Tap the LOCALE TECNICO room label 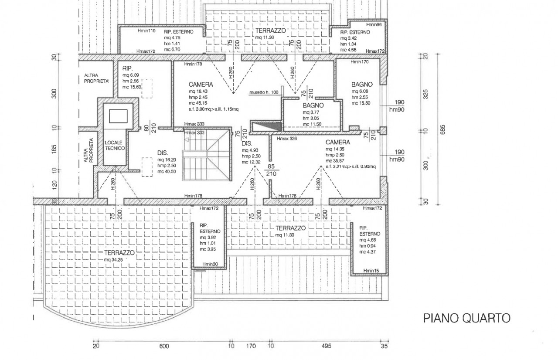pyautogui.click(x=115, y=146)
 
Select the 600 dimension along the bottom pyautogui.click(x=163, y=346)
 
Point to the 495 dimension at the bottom pyautogui.click(x=327, y=346)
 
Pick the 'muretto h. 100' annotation pyautogui.click(x=264, y=92)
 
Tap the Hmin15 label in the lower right pyautogui.click(x=371, y=271)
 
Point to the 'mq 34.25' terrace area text pyautogui.click(x=114, y=260)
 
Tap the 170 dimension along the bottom pyautogui.click(x=251, y=346)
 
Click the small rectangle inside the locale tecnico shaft pyautogui.click(x=118, y=116)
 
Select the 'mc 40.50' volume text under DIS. pyautogui.click(x=167, y=171)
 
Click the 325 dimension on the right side pyautogui.click(x=426, y=94)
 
